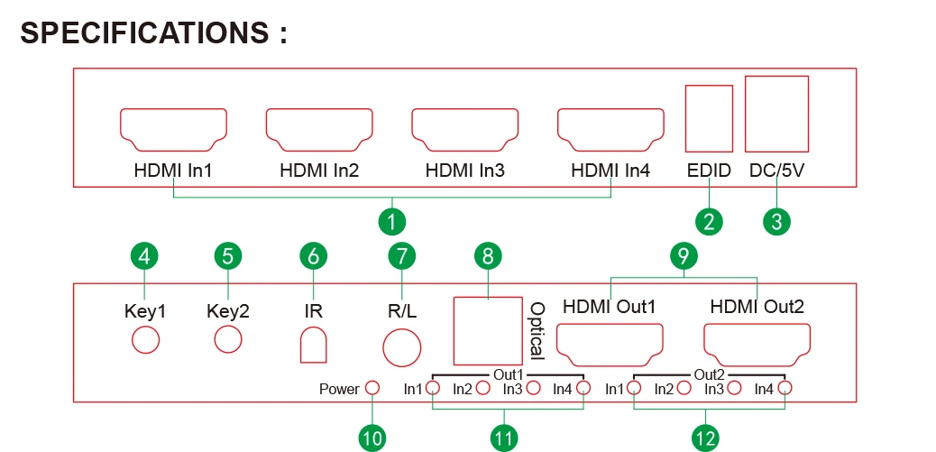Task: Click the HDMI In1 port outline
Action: coord(173,128)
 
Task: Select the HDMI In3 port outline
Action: coord(464,128)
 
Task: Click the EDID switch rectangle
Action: coord(708,118)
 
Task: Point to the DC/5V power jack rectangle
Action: coord(776,113)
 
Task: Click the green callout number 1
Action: coord(391,221)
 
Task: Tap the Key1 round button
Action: coord(146,340)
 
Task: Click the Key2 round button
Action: coord(228,340)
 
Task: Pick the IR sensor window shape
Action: coord(313,344)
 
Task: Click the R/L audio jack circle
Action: coord(402,344)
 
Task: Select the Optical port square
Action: coord(487,329)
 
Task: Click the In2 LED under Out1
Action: coord(482,389)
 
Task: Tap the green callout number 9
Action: coord(684,255)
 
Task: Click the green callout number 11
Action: coord(504,438)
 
